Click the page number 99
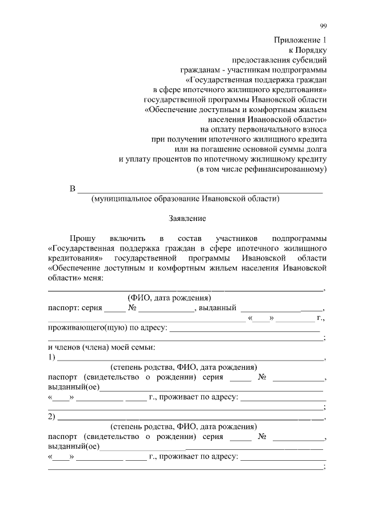[323, 26]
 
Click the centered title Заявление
[187, 219]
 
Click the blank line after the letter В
[200, 189]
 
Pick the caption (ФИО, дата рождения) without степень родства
[169, 298]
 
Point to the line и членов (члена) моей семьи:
[101, 347]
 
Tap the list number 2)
[52, 416]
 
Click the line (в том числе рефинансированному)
[261, 169]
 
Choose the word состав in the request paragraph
[190, 238]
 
